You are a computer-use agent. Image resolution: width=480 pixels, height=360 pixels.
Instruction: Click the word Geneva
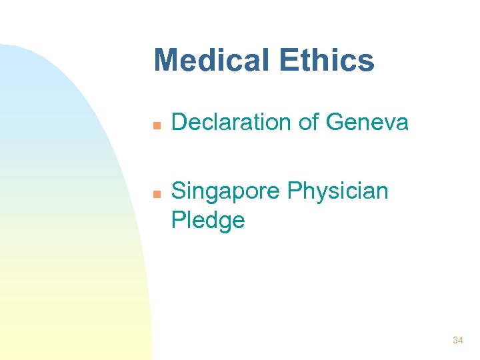pyautogui.click(x=367, y=122)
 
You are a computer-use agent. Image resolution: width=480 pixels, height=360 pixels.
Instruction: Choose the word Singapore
pyautogui.click(x=226, y=192)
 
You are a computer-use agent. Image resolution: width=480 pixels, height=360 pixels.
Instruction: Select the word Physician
pyautogui.click(x=337, y=192)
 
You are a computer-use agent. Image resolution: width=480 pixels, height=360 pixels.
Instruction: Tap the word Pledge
pyautogui.click(x=208, y=220)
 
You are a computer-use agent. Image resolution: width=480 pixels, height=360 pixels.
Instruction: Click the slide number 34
pyautogui.click(x=457, y=340)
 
